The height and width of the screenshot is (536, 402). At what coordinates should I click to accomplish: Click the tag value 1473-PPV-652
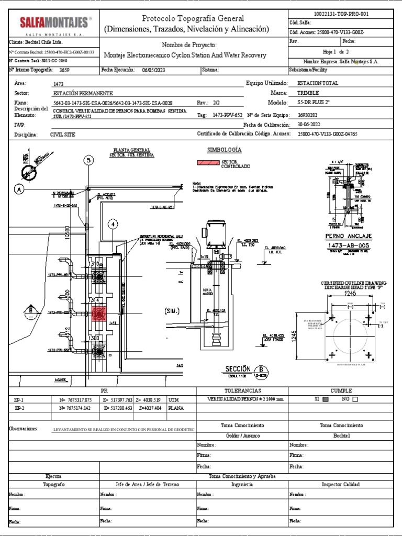click(x=228, y=115)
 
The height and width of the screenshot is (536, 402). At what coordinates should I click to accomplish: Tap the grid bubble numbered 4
click(x=113, y=225)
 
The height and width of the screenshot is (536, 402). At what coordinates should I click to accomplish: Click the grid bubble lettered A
click(x=20, y=189)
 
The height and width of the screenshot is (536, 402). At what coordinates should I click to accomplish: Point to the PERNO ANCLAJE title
click(x=341, y=236)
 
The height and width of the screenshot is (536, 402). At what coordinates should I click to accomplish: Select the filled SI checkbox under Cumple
click(x=326, y=399)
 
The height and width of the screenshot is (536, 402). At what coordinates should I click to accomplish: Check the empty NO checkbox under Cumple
click(x=356, y=399)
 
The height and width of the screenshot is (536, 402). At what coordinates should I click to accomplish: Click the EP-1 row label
click(x=19, y=399)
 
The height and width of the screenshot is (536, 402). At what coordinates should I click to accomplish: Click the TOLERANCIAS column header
click(x=241, y=390)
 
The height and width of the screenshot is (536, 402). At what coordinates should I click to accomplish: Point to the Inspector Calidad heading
click(x=344, y=485)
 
